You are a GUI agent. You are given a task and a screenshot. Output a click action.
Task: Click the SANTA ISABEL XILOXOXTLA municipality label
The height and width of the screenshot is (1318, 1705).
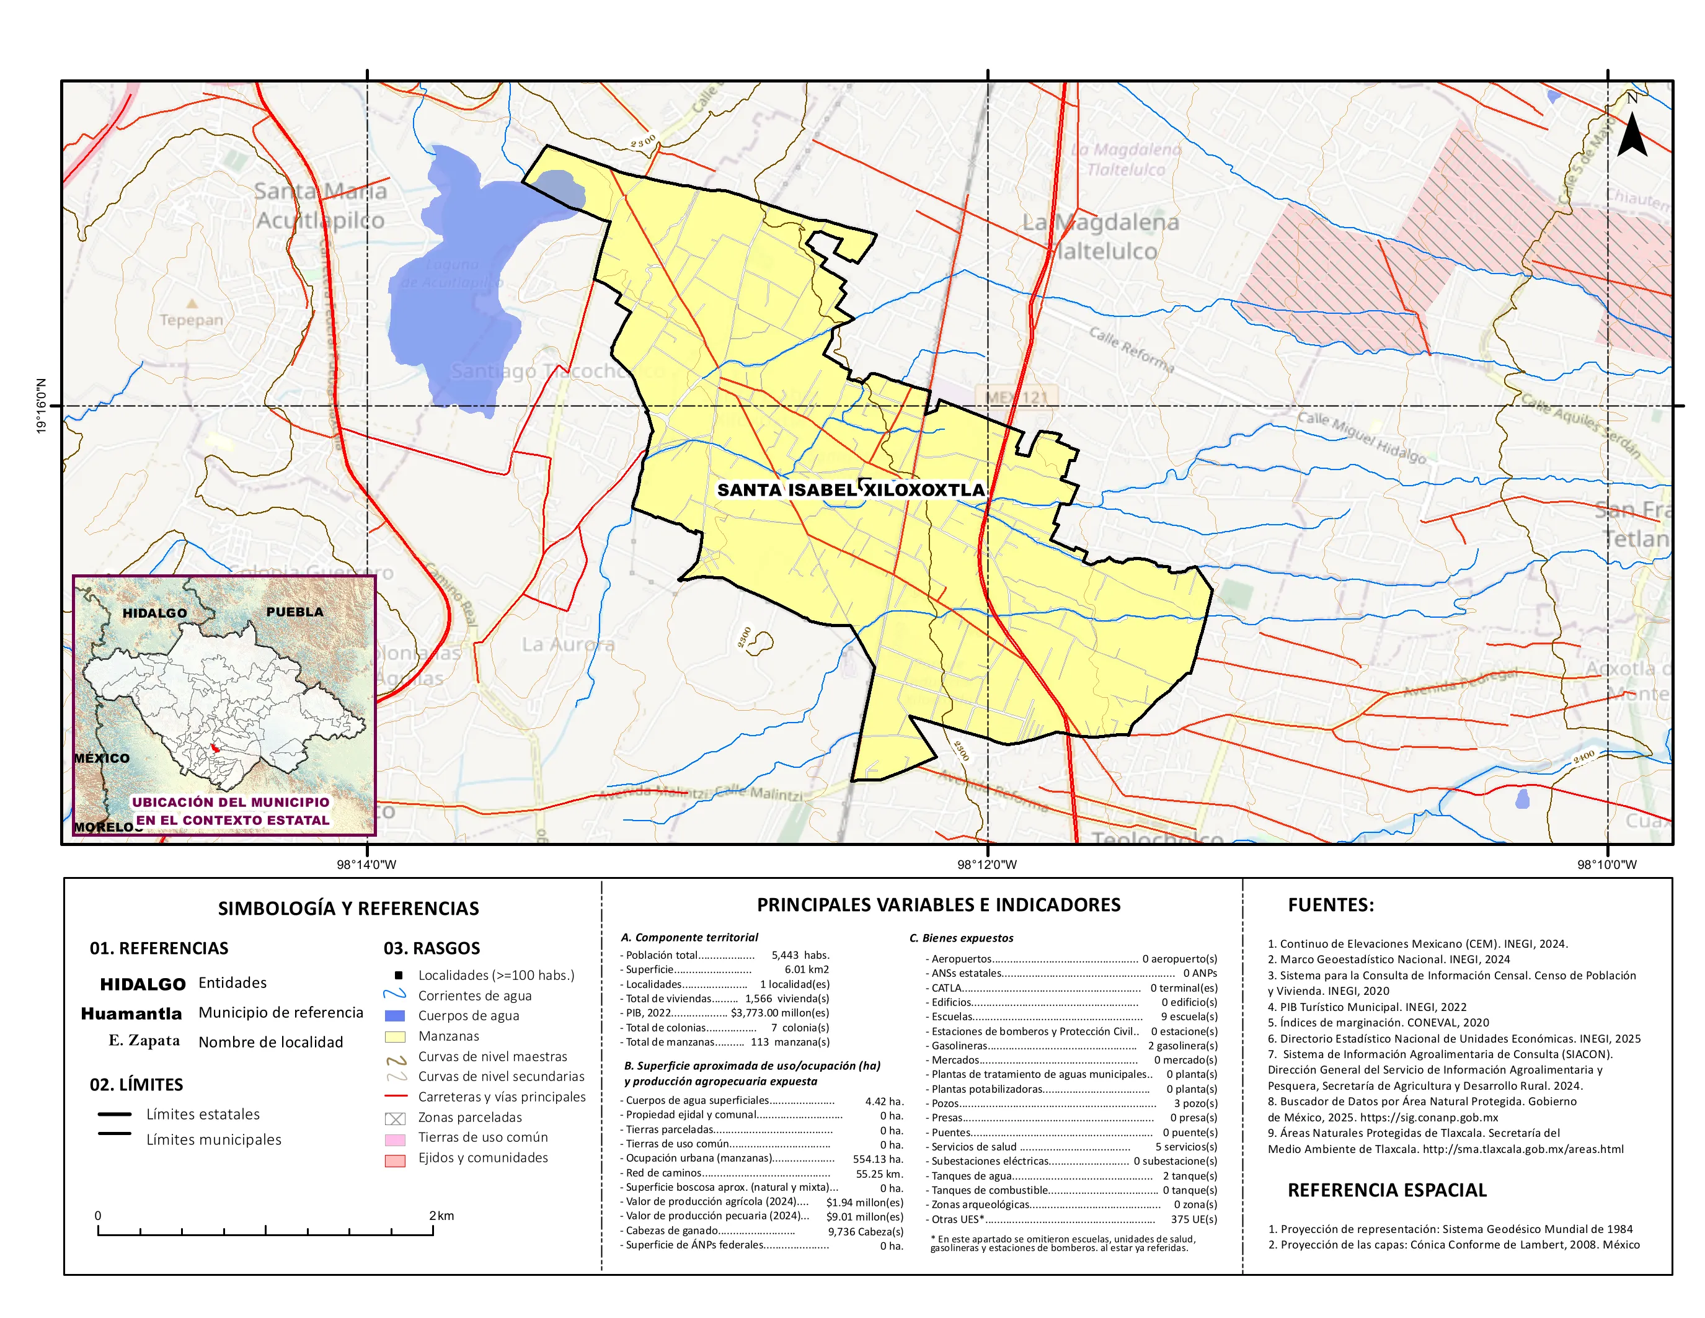point(851,489)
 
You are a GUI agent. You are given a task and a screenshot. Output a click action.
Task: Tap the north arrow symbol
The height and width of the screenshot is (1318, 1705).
point(1632,133)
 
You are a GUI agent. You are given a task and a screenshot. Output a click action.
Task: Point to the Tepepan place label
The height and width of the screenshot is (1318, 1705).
point(191,319)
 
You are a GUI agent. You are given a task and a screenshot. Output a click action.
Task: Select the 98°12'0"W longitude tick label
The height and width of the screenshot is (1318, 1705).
point(987,865)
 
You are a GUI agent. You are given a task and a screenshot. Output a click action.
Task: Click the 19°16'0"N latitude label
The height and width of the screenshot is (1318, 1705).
point(42,406)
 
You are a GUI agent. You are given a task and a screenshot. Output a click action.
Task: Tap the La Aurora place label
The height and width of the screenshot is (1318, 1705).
point(569,645)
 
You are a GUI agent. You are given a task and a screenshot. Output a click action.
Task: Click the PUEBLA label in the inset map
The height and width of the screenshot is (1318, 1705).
point(294,612)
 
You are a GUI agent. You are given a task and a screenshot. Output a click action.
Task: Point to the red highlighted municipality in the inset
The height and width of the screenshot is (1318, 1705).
point(216,749)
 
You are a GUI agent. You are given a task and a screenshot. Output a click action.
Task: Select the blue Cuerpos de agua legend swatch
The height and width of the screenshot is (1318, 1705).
point(395,1016)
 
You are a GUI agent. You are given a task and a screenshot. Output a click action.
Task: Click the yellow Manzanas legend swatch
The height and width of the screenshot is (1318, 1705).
point(395,1036)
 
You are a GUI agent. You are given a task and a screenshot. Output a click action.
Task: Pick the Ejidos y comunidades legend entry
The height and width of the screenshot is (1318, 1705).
point(482,1158)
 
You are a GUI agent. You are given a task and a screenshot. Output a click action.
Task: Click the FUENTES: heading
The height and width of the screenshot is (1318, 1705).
point(1331,905)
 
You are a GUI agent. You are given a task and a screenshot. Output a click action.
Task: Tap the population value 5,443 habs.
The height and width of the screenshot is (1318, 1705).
point(799,955)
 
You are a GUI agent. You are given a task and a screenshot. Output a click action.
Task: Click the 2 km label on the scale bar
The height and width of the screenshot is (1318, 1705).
point(441,1216)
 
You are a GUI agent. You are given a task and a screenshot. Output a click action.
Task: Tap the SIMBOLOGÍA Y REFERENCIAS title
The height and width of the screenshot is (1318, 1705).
point(348,908)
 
